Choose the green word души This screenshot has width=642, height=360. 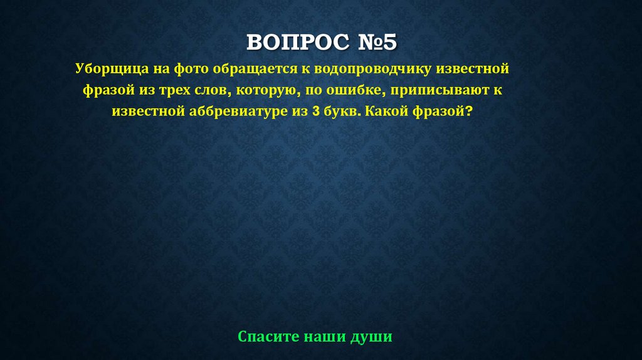(x=372, y=337)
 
